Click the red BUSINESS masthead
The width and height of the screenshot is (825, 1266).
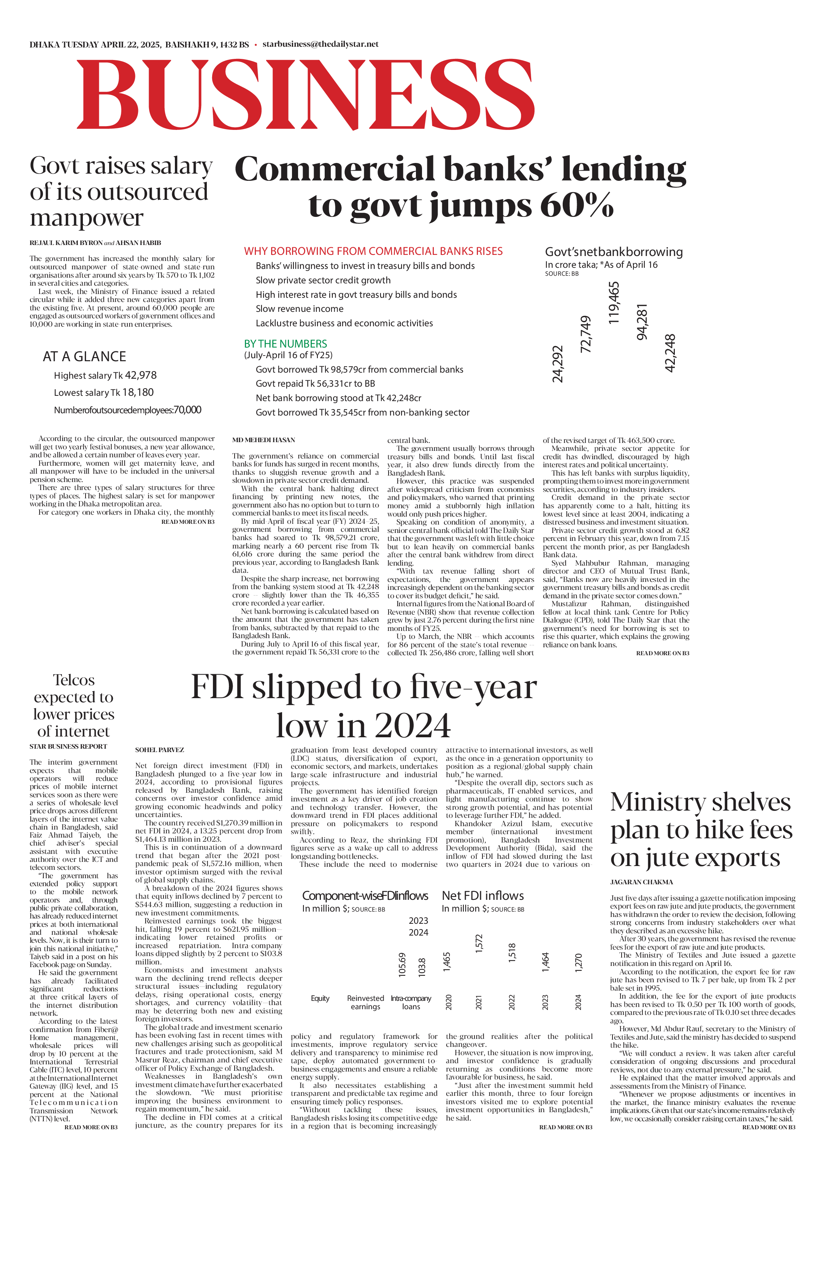click(x=306, y=93)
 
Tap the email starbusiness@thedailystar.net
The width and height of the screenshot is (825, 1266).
click(x=320, y=44)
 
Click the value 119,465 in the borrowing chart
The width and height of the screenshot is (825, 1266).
click(x=614, y=303)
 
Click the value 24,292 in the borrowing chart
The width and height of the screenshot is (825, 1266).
click(x=557, y=364)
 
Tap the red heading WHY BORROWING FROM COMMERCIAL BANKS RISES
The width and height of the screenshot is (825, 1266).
click(x=373, y=251)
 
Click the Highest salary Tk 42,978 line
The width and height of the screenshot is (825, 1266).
click(x=105, y=376)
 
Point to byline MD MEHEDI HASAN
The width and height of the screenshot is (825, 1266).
click(x=263, y=440)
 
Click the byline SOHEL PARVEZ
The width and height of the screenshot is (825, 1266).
click(x=159, y=749)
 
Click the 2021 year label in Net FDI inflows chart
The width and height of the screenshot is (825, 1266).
click(x=479, y=1003)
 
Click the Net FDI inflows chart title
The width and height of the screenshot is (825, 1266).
click(x=483, y=896)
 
